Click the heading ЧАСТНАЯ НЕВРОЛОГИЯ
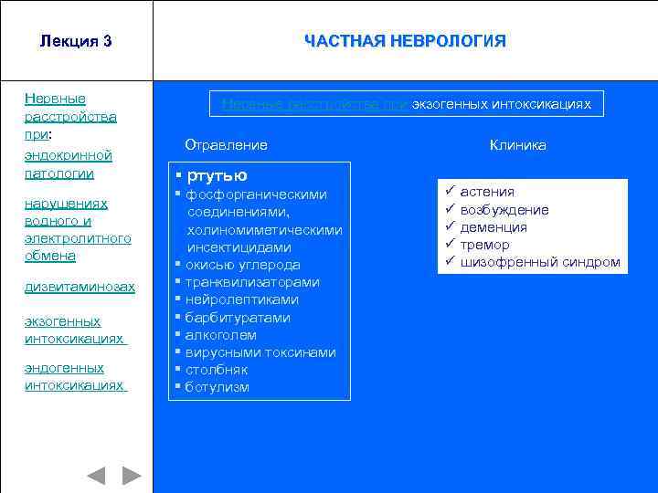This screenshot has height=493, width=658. tap(405, 41)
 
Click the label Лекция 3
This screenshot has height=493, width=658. tap(76, 41)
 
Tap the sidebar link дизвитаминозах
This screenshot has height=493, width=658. tap(80, 287)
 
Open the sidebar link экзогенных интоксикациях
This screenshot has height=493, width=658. tap(74, 330)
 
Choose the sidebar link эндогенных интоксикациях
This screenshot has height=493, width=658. tap(74, 376)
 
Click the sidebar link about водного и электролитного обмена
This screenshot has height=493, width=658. tap(78, 229)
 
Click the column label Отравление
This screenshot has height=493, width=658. tap(226, 145)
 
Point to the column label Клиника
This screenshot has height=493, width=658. tap(517, 145)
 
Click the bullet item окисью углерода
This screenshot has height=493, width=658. tap(242, 265)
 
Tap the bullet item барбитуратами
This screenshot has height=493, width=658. tap(238, 318)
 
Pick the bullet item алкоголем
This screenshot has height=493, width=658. tap(221, 335)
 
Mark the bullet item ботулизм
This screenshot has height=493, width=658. tap(217, 387)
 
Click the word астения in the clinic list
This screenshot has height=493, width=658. tap(487, 192)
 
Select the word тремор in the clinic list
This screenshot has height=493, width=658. tap(485, 245)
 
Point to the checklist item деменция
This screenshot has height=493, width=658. tap(493, 227)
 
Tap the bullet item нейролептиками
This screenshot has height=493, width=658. tap(241, 299)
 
